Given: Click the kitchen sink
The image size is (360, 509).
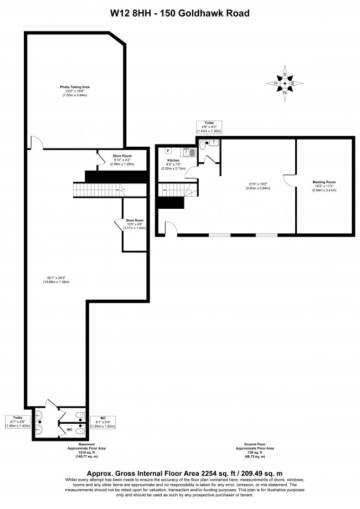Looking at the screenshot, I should (190, 150).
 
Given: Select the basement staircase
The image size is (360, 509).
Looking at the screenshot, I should (98, 191).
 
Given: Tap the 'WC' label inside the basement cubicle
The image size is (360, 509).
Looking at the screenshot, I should (69, 429).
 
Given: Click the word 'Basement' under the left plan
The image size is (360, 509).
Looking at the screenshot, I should (86, 444).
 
